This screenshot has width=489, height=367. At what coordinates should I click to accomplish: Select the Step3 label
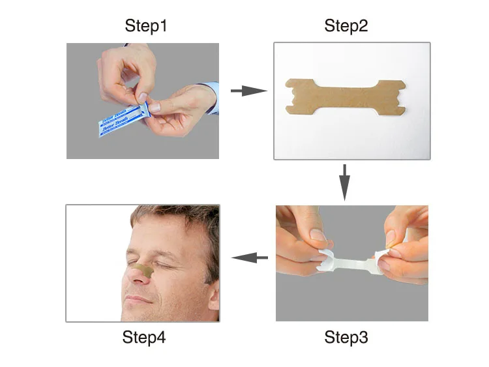click(x=346, y=338)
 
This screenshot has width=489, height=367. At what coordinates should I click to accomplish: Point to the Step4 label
click(x=143, y=338)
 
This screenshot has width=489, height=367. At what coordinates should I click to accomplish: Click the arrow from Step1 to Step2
click(x=248, y=91)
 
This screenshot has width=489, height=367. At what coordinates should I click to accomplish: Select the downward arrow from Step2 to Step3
click(x=345, y=182)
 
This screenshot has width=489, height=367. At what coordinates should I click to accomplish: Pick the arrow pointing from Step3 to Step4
click(x=250, y=258)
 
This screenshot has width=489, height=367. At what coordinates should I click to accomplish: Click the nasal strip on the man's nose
click(x=145, y=268)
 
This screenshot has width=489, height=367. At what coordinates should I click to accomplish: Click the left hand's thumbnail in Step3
click(x=317, y=235)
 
